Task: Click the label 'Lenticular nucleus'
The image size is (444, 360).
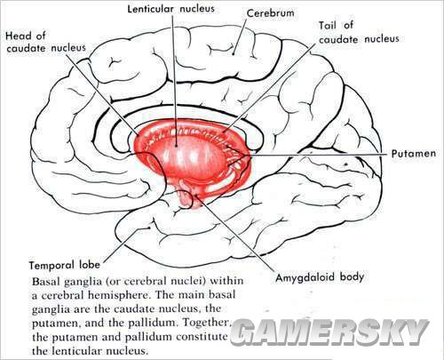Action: click(170, 8)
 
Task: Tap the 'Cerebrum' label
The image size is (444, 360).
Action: click(271, 13)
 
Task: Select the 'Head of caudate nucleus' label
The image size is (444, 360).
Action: click(45, 42)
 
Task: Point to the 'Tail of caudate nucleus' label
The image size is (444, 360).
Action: click(359, 32)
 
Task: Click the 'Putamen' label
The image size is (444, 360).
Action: click(414, 154)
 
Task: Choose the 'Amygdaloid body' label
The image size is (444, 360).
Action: click(320, 277)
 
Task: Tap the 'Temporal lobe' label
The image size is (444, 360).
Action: click(64, 265)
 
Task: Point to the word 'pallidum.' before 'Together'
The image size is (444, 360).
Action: click(154, 323)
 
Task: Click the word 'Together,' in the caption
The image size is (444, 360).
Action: click(206, 323)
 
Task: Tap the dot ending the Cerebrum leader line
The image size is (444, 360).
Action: click(233, 54)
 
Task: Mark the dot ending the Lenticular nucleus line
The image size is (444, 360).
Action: click(176, 145)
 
